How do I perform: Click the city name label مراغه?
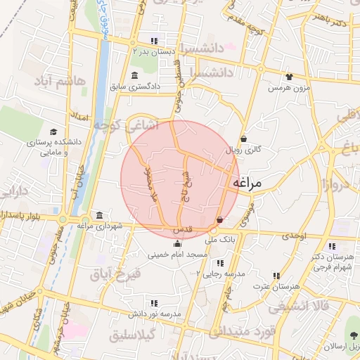246,183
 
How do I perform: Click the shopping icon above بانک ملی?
220,219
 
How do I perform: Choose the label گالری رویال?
243,150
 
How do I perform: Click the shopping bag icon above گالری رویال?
243,139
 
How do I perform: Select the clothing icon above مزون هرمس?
288,77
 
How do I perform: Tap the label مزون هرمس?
288,89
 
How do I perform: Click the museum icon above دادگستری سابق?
134,75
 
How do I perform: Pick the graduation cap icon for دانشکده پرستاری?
53,131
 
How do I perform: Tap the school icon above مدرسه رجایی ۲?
220,263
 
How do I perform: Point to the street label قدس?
182,230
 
